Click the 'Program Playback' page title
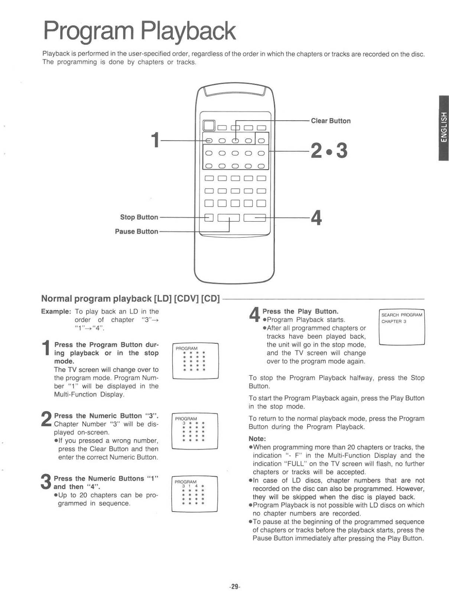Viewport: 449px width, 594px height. click(x=139, y=31)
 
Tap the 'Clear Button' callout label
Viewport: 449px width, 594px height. click(x=331, y=121)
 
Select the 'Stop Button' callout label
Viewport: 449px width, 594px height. click(x=139, y=217)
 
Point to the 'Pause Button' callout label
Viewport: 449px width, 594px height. click(x=136, y=231)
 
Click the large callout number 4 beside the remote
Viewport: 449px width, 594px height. click(x=316, y=218)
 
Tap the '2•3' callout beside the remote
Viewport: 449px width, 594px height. click(x=329, y=151)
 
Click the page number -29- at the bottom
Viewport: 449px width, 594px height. click(x=235, y=587)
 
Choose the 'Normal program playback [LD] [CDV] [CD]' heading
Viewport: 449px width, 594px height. click(x=130, y=298)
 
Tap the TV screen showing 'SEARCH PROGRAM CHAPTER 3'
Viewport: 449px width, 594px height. click(x=401, y=327)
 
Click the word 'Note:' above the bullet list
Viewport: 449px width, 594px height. click(x=257, y=438)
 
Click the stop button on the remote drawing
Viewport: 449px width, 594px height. click(x=209, y=218)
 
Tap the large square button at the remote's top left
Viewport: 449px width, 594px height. click(x=209, y=125)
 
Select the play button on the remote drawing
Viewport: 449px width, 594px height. click(x=255, y=218)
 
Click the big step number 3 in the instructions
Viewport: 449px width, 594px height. click(x=46, y=482)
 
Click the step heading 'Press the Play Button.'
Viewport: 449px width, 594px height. click(x=300, y=311)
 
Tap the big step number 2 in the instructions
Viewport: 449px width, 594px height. click(x=46, y=420)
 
